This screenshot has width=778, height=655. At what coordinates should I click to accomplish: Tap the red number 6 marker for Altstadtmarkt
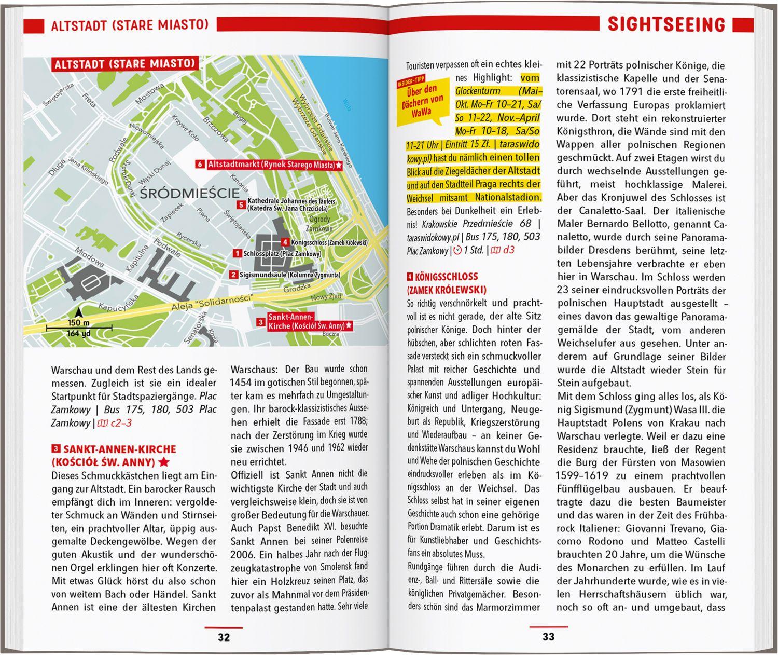pos(200,165)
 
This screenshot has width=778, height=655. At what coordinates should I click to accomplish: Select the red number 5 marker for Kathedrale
pos(241,204)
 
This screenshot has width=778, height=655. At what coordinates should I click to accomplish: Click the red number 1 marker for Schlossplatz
pos(237,254)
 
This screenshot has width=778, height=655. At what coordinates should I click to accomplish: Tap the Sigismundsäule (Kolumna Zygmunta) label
pos(289,275)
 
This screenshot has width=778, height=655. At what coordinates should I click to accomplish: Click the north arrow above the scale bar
pos(78,312)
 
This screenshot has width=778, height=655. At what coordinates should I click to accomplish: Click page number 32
pos(224,637)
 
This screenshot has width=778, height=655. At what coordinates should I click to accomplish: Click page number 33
pos(548,637)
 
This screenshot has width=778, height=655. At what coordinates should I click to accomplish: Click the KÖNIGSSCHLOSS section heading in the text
pos(446,277)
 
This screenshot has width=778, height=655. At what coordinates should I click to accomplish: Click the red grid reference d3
pos(508,250)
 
